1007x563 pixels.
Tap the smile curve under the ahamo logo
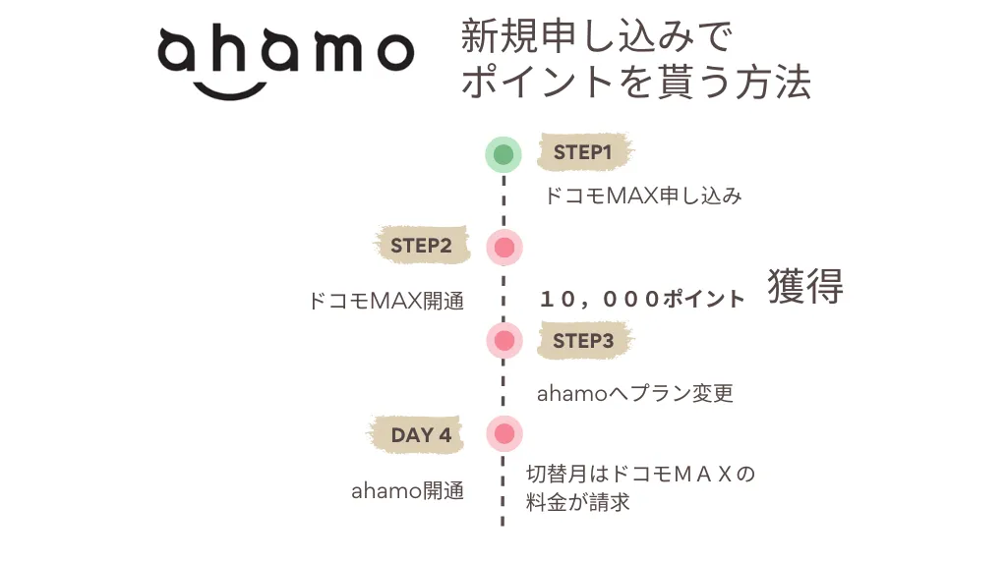point(230,92)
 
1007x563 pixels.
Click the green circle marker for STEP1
point(503,154)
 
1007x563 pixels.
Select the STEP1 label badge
point(583,152)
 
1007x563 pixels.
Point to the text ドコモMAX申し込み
point(643,196)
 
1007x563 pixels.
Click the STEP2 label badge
point(421,245)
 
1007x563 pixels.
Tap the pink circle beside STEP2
point(504,248)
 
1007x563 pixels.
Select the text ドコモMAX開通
point(386,301)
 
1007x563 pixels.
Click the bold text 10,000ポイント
point(642,299)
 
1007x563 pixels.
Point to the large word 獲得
point(805,286)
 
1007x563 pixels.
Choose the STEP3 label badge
point(584,340)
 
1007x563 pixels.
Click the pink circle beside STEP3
point(504,340)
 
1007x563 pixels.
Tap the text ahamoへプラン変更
point(635,393)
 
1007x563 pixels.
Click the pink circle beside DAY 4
point(504,433)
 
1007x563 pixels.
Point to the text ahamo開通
point(408,491)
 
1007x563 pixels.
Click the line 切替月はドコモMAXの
point(640,474)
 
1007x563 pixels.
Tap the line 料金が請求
point(578,502)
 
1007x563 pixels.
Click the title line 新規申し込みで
point(597,36)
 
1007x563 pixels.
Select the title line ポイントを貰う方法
point(636,83)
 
